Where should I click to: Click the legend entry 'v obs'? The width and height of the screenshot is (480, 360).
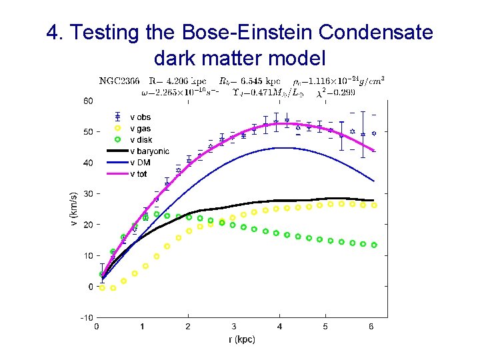[140, 117]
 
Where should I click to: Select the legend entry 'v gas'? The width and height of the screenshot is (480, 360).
[140, 129]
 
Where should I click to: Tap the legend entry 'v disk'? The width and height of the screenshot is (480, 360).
[141, 140]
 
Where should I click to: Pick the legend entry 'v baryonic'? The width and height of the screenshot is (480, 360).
[149, 151]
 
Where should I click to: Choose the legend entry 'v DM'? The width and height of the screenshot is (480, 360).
[140, 163]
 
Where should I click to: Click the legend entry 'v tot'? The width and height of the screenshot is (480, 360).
[139, 174]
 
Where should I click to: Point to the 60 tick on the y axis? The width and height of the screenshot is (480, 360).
[88, 101]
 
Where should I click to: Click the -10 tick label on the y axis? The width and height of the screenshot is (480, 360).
[86, 318]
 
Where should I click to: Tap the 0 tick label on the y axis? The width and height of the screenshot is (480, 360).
[90, 287]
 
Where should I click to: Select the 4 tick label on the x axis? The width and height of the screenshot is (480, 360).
[280, 327]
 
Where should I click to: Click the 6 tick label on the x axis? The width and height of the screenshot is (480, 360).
[371, 327]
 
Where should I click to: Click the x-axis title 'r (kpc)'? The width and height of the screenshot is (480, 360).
[241, 339]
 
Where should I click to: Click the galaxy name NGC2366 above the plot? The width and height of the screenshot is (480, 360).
[119, 81]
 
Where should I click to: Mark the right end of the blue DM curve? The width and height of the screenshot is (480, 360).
[374, 181]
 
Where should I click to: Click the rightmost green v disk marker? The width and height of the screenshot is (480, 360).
[374, 245]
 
